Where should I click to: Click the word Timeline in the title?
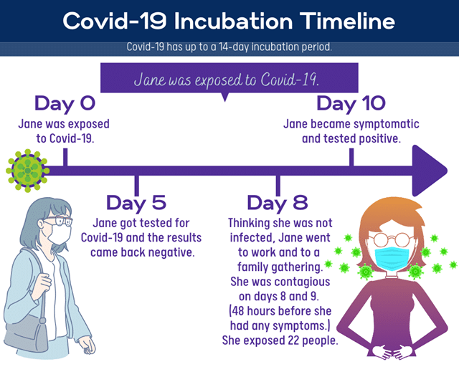click(x=347, y=21)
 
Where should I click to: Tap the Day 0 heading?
click(x=65, y=104)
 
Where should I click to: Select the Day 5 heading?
click(x=136, y=203)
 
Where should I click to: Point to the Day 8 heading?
click(x=278, y=203)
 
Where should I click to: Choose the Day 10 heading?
click(x=351, y=104)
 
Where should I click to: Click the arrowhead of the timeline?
click(x=429, y=171)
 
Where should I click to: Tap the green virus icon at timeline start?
click(x=27, y=171)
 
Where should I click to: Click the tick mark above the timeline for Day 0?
click(x=65, y=157)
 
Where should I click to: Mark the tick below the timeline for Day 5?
click(x=136, y=186)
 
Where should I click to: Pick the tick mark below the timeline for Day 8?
click(x=278, y=186)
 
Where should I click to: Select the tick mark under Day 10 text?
click(x=351, y=157)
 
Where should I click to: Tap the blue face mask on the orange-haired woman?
click(x=392, y=258)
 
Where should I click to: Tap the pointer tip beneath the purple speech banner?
click(x=224, y=101)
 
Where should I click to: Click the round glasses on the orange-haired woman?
click(x=392, y=239)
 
